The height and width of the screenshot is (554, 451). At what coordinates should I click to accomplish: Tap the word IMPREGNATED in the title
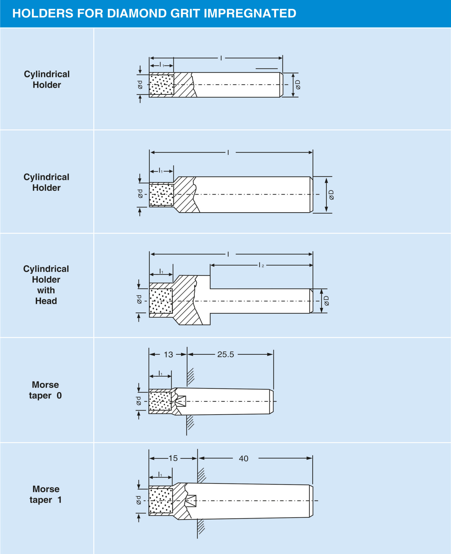click(x=250, y=13)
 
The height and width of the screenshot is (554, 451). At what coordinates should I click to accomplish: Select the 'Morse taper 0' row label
click(x=45, y=390)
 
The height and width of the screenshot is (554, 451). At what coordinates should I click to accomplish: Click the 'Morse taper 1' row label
click(x=46, y=494)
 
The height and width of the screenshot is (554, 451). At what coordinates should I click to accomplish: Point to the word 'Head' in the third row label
click(x=46, y=301)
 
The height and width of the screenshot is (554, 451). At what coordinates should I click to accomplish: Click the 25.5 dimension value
click(x=226, y=354)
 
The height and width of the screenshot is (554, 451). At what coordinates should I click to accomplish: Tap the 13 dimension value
click(x=168, y=354)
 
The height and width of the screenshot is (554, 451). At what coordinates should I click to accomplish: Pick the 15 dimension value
click(x=173, y=458)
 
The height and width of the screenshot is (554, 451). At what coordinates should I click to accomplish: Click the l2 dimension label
click(x=261, y=265)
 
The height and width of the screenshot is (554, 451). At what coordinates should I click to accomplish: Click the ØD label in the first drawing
click(x=298, y=85)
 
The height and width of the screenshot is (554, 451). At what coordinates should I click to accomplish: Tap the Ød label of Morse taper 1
click(x=139, y=500)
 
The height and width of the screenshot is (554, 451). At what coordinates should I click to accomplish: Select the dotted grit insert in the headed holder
click(x=161, y=301)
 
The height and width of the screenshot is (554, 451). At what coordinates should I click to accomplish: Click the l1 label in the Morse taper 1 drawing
click(x=160, y=475)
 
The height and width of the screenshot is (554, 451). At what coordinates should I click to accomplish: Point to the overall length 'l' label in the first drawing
click(x=221, y=58)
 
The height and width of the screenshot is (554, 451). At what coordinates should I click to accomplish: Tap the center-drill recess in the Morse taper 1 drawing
click(x=191, y=501)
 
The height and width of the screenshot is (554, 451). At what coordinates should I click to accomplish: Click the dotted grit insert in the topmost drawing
click(x=162, y=85)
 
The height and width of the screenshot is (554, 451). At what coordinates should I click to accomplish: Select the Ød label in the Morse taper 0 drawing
click(x=139, y=401)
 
